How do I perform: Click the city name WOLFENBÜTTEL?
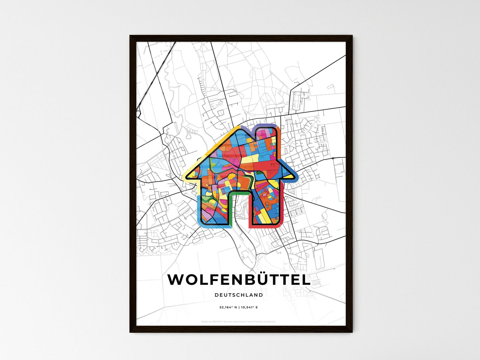coord(239,280)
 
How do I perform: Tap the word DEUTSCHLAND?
coord(239,295)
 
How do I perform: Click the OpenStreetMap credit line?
coord(239,321)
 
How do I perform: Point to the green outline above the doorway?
coord(239,192)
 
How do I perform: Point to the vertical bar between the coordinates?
coord(239,308)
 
